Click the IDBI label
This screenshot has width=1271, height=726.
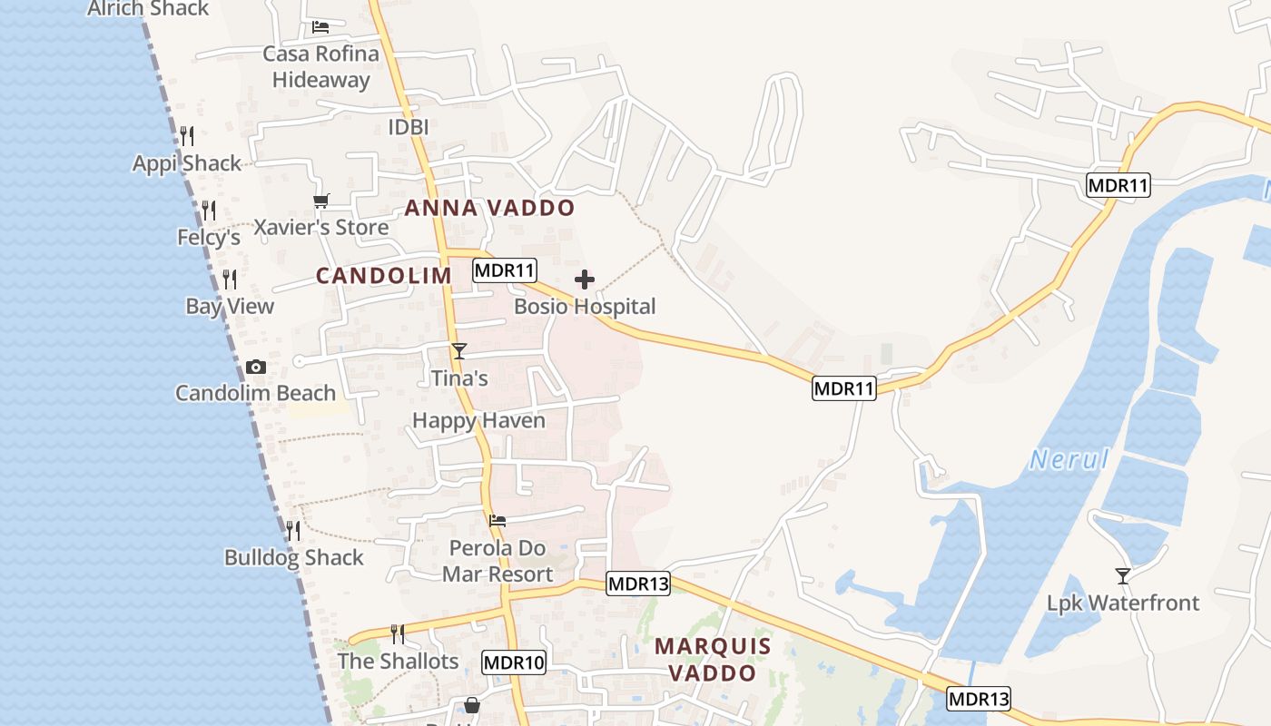(x=409, y=127)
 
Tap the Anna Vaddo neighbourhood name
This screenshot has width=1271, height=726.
(x=489, y=208)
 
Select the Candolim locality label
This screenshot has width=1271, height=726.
(x=383, y=276)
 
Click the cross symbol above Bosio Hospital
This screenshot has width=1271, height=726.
(x=585, y=280)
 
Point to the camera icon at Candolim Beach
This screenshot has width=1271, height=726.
(x=256, y=368)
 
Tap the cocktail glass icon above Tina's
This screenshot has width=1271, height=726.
(x=459, y=351)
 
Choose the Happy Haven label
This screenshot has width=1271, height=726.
(x=478, y=420)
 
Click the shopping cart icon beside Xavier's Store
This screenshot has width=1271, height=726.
(x=320, y=201)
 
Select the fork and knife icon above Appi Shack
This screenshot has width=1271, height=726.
(x=187, y=136)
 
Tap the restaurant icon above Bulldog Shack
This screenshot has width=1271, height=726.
(x=293, y=531)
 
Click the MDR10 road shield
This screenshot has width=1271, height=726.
(x=514, y=662)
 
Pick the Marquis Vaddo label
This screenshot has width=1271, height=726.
(x=713, y=660)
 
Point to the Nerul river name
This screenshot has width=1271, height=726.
(x=1069, y=459)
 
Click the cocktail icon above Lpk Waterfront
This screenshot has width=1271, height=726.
(x=1123, y=575)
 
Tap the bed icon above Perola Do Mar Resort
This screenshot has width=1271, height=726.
(x=498, y=521)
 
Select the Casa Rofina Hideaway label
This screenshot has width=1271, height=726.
(x=321, y=66)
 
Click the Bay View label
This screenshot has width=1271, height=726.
(x=230, y=306)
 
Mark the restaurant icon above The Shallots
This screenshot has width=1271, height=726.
(x=397, y=633)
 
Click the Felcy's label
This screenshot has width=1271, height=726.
(x=209, y=237)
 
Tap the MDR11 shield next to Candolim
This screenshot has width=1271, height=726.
(x=505, y=270)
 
